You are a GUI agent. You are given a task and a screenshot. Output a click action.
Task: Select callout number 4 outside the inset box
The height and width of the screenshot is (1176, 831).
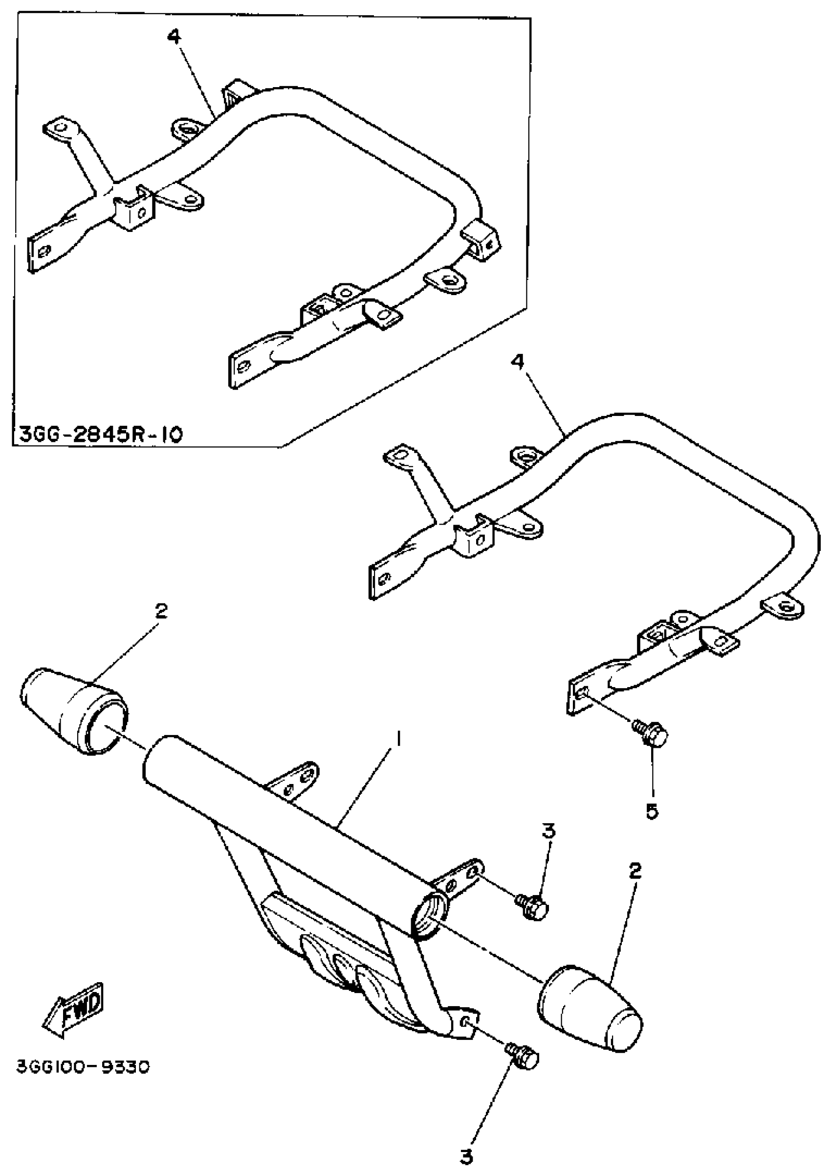[x=517, y=363]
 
